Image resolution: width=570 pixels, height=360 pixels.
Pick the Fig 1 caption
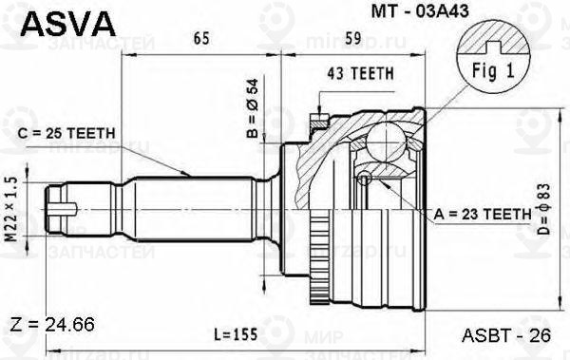click(488, 71)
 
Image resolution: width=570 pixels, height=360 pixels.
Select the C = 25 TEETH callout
click(64, 132)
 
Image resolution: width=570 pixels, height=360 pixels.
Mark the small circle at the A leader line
click(362, 179)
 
